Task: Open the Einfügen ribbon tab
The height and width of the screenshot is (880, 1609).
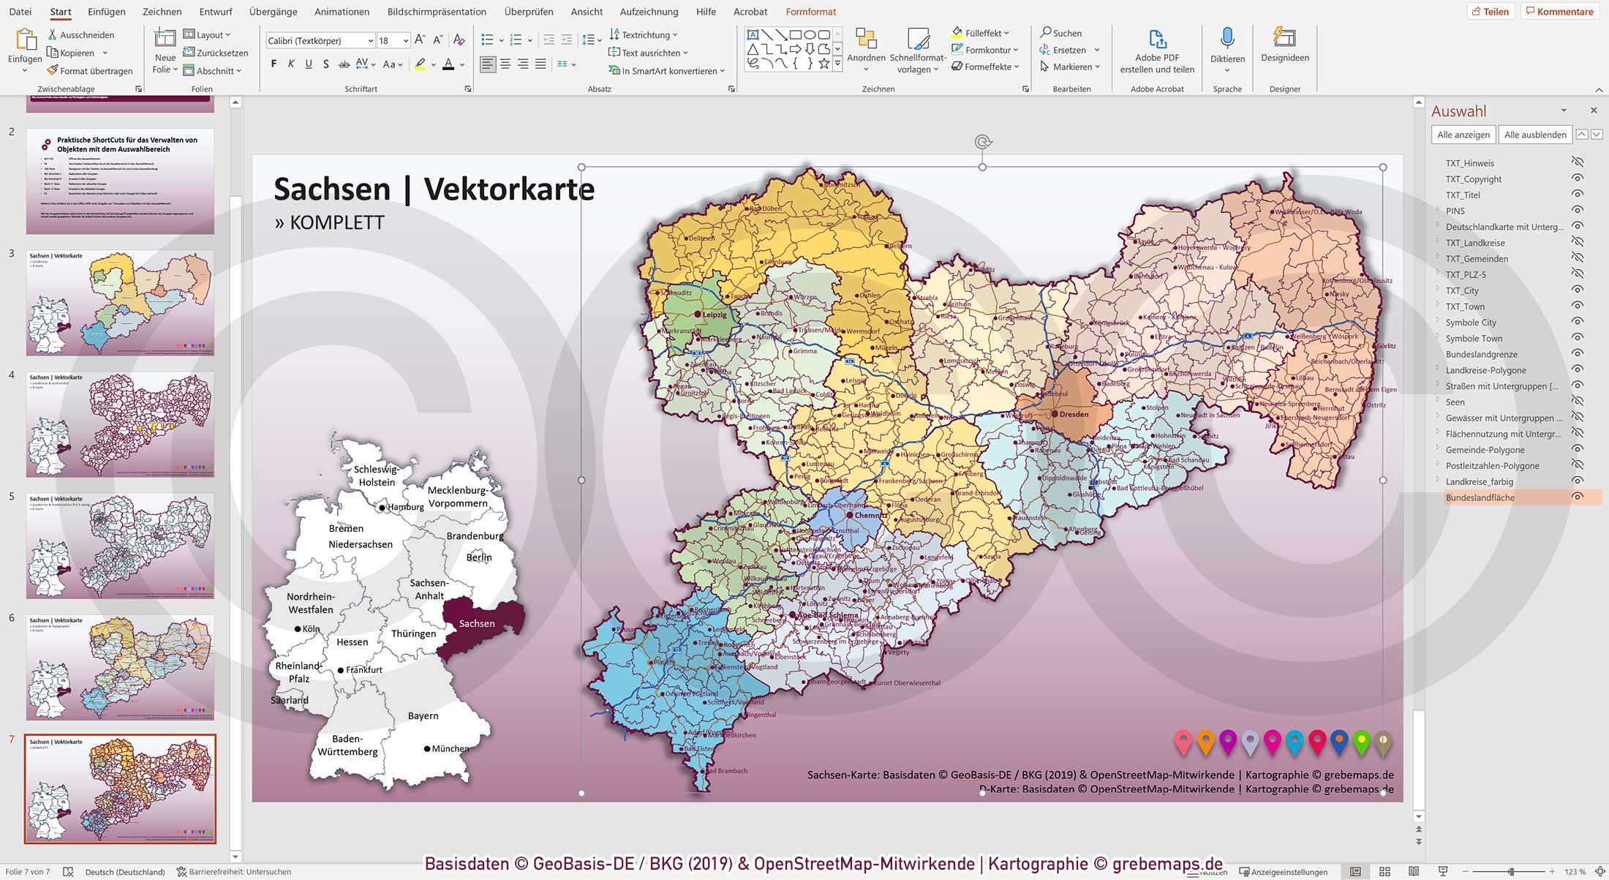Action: coord(106,12)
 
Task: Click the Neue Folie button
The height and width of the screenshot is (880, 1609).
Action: coord(165,50)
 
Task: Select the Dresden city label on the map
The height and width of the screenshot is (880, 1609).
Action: coord(1074,414)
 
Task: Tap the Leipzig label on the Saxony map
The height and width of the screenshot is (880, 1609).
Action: coord(714,315)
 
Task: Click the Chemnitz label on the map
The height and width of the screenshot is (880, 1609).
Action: coord(870,515)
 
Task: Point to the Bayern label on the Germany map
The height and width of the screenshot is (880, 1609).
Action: coord(423,715)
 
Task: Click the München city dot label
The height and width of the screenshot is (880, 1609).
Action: coord(449,748)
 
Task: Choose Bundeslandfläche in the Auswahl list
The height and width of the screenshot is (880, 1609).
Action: coord(1480,497)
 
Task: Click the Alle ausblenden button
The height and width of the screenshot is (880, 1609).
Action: coord(1534,135)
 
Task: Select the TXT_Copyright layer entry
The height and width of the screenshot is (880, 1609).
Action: coord(1473,179)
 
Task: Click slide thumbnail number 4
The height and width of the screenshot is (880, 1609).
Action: coord(120,424)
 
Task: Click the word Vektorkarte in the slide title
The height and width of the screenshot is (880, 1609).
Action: coord(509,189)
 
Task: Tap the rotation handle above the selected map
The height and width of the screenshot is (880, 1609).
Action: coord(982,142)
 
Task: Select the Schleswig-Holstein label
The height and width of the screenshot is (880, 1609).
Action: coord(376,475)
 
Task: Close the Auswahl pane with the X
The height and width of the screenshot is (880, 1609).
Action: coord(1594,110)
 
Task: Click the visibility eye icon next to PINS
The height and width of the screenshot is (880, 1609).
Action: coord(1578,211)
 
